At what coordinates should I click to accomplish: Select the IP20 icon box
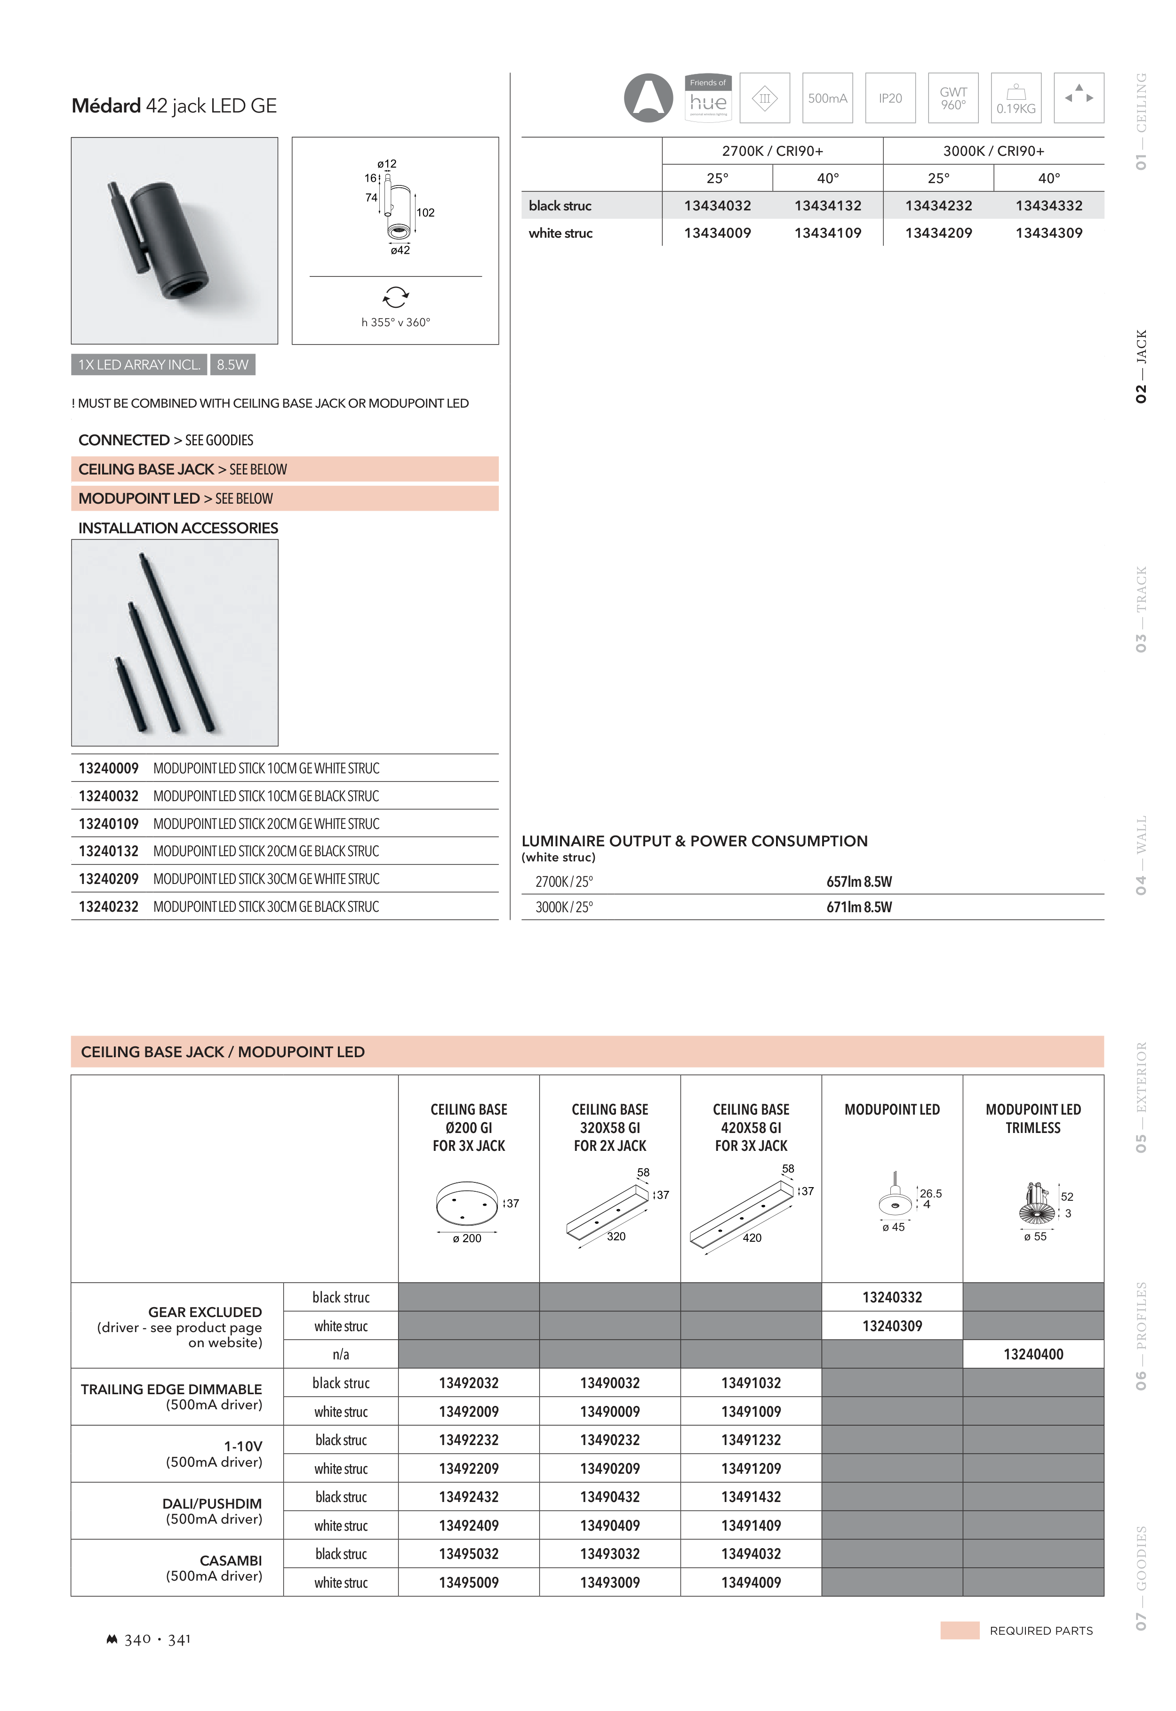890,98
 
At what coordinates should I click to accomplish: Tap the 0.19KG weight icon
1016,98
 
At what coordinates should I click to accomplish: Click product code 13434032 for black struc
717,206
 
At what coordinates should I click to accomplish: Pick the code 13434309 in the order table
1048,233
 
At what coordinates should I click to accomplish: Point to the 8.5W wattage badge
232,365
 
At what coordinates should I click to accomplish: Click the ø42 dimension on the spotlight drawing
400,250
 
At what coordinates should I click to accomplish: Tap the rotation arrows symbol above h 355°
396,297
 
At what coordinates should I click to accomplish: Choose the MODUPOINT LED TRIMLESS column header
1033,1118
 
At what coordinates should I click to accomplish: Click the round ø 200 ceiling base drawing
466,1204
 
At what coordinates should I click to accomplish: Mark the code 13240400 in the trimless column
1033,1354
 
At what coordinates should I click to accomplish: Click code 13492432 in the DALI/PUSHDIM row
469,1497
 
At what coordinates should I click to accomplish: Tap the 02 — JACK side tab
1141,366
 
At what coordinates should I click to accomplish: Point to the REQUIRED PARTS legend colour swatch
960,1631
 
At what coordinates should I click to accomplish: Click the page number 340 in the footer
138,1639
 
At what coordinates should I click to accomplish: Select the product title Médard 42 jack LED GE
174,106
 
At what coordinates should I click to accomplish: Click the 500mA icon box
827,98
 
